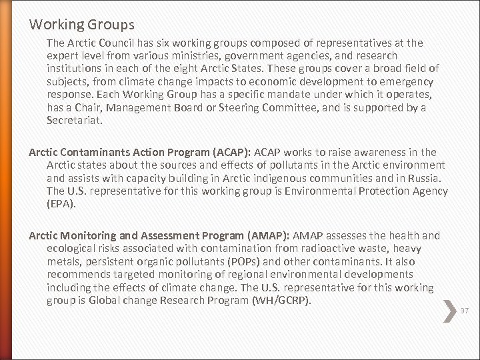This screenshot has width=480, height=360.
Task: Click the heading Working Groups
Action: [82, 25]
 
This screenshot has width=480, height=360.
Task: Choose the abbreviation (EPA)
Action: [61, 203]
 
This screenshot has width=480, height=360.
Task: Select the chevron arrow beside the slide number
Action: [449, 310]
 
